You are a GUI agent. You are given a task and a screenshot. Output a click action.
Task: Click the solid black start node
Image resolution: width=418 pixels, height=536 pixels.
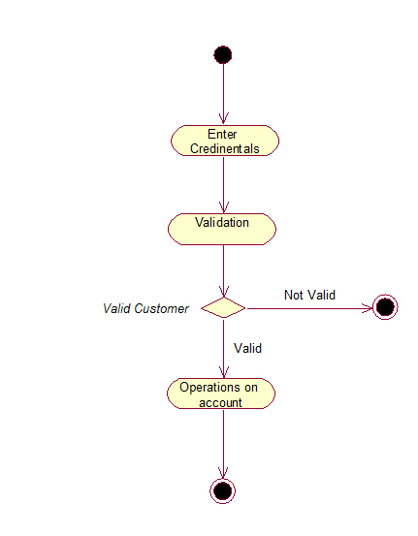click(x=223, y=54)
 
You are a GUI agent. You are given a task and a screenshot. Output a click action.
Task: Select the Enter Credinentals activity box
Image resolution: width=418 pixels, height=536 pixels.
click(x=225, y=141)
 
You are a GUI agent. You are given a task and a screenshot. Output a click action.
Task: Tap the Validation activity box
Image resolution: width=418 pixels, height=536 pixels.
click(x=222, y=229)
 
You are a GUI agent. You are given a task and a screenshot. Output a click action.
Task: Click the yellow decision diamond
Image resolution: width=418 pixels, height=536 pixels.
click(x=223, y=307)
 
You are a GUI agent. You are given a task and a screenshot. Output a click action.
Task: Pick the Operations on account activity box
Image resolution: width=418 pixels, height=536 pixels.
click(x=221, y=394)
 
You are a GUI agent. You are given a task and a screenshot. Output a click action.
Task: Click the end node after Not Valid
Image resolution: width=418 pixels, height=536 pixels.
click(x=385, y=307)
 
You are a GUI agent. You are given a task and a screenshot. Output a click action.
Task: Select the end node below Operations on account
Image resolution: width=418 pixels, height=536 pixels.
click(x=223, y=491)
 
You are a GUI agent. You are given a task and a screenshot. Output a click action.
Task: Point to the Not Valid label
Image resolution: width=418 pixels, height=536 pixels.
click(x=309, y=295)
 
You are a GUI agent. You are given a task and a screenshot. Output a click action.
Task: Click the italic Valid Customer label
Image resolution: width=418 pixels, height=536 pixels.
click(x=145, y=308)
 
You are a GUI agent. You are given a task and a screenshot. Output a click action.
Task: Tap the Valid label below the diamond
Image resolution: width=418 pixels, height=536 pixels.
click(x=247, y=348)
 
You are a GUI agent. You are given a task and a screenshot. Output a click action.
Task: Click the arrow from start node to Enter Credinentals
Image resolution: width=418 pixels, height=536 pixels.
click(x=223, y=94)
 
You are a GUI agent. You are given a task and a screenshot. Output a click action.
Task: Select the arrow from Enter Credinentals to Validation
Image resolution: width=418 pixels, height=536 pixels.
click(x=223, y=184)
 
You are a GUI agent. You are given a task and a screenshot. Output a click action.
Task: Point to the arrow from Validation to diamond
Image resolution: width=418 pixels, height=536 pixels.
click(x=223, y=270)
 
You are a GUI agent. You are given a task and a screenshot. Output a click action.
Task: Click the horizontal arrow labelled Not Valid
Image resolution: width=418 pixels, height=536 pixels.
click(x=309, y=308)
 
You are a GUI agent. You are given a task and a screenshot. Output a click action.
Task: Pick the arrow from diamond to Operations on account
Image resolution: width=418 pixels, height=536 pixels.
click(x=223, y=348)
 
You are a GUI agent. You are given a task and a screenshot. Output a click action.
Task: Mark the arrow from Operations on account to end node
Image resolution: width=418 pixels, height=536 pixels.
click(x=223, y=444)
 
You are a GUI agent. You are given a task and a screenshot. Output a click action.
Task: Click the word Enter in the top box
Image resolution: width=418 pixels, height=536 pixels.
click(x=222, y=134)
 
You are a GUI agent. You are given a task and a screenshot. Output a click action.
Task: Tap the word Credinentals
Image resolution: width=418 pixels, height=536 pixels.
click(x=225, y=148)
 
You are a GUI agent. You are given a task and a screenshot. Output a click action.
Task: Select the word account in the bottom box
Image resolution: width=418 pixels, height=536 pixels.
click(x=220, y=402)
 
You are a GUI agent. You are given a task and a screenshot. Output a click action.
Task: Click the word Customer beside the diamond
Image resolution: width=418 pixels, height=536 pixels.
click(x=161, y=308)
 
